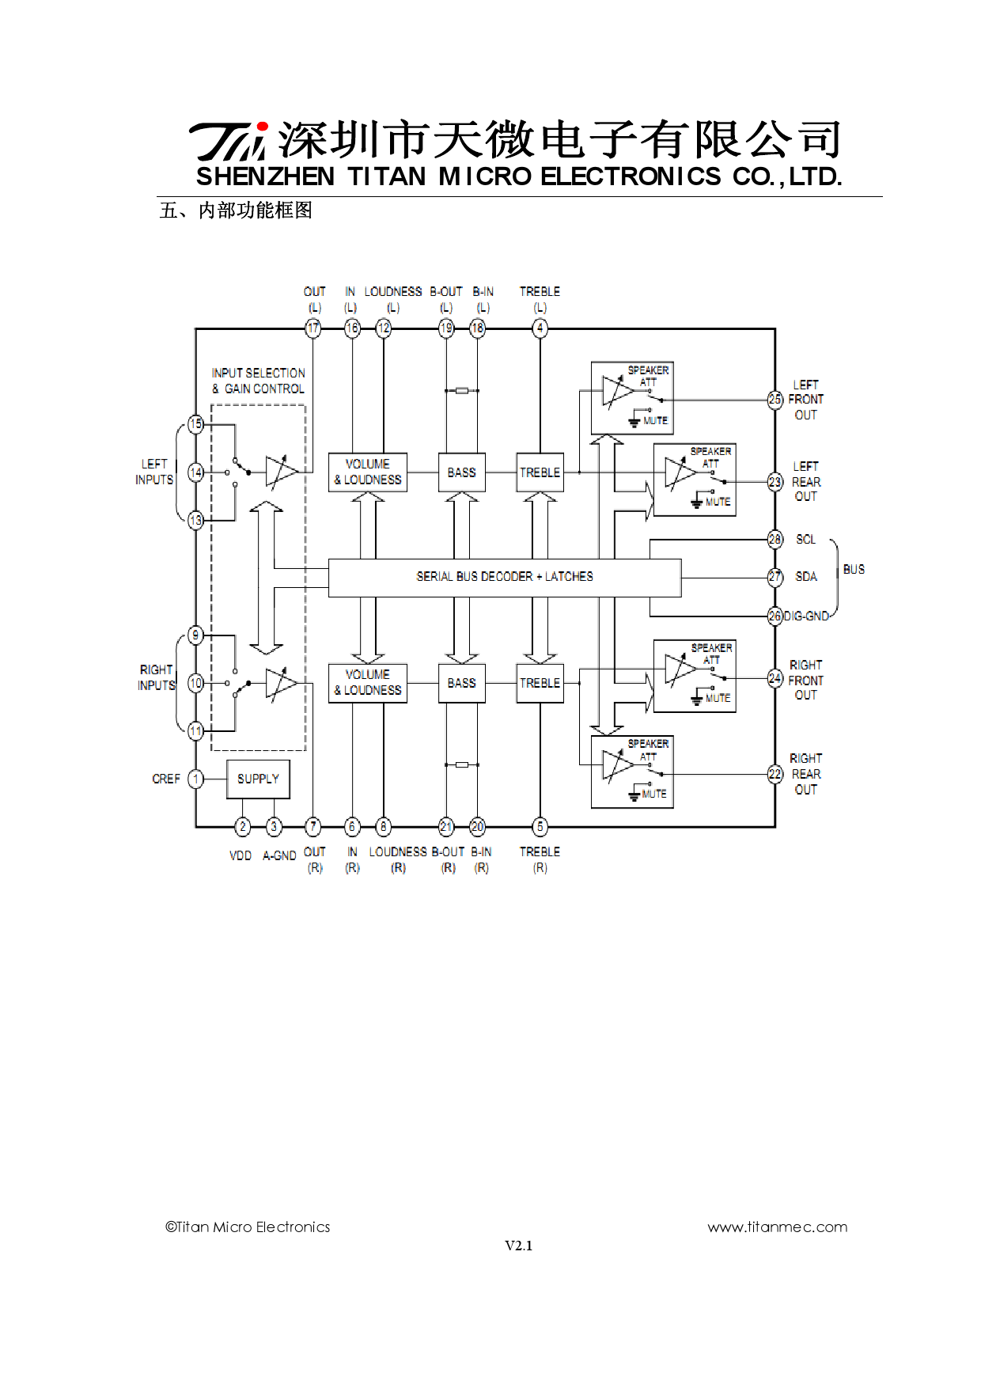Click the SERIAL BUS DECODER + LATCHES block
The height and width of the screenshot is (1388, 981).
point(505,577)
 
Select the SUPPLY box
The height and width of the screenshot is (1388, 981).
point(258,779)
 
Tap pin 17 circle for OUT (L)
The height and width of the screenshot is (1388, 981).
point(313,328)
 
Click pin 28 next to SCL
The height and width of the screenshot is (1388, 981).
point(775,539)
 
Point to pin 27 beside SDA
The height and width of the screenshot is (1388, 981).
point(775,577)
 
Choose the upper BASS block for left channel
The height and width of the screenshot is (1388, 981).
point(461,472)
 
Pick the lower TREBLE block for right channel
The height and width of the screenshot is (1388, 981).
point(540,683)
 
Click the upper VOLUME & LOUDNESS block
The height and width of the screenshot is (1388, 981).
point(367,472)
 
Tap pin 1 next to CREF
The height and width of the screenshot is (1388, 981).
point(195,779)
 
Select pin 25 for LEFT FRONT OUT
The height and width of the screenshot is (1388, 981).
point(775,400)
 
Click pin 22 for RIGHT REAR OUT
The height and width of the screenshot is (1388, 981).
point(775,774)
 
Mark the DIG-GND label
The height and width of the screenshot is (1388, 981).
point(806,616)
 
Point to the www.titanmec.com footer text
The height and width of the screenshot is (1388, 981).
point(777,1227)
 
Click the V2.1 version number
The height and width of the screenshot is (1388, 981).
point(518,1246)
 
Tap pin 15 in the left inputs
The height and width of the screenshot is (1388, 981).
point(195,424)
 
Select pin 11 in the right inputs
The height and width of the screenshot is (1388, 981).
point(195,730)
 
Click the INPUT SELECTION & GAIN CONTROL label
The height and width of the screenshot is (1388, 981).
point(258,381)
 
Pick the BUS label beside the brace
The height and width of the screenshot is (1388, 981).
point(854,569)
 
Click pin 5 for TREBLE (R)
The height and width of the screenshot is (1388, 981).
point(540,827)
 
